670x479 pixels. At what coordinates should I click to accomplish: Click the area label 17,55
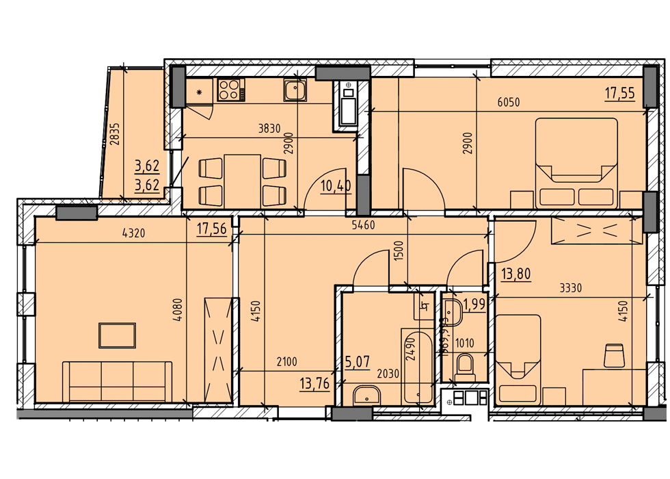[x=620, y=93]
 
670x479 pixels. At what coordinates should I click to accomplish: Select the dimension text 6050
[x=509, y=103]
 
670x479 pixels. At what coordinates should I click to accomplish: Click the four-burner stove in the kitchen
[x=231, y=90]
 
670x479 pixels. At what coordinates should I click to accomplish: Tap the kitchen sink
[x=296, y=90]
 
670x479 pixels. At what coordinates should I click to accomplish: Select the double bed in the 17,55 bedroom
[x=576, y=163]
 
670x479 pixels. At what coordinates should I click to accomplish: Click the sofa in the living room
[x=117, y=382]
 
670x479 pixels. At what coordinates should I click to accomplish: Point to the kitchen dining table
[x=243, y=180]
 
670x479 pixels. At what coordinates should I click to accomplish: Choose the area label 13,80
[x=517, y=275]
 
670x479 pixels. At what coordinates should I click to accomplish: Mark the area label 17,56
[x=211, y=229]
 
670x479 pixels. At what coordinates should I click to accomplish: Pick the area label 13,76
[x=314, y=383]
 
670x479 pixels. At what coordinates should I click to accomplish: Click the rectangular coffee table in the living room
[x=117, y=335]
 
